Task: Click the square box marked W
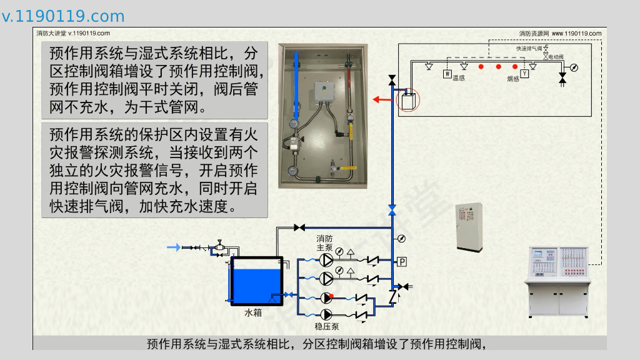click(447, 74)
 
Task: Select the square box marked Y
click(524, 74)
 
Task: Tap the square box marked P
click(402, 261)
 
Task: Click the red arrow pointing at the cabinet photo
click(379, 99)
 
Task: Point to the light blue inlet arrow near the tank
click(173, 247)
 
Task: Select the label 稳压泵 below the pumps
click(326, 326)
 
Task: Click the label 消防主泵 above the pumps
click(325, 242)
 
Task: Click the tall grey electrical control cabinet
click(469, 226)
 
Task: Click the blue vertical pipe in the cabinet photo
click(297, 87)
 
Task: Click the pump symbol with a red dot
click(327, 297)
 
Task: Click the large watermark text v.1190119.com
click(63, 16)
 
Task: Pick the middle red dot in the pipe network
click(498, 66)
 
